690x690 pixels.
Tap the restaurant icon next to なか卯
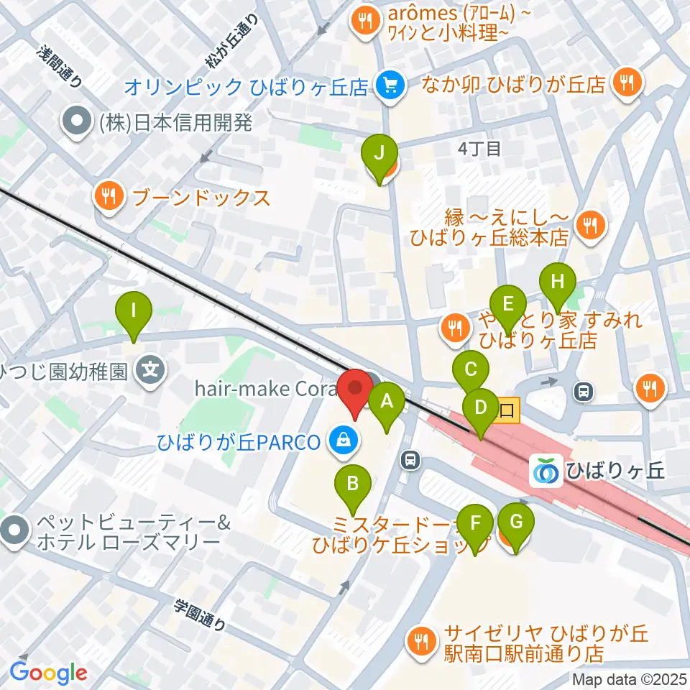click(627, 84)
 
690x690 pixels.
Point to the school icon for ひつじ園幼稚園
click(152, 372)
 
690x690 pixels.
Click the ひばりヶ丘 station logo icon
click(546, 471)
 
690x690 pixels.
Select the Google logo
click(48, 673)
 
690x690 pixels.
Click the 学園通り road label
click(201, 615)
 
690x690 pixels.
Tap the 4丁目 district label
click(479, 149)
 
